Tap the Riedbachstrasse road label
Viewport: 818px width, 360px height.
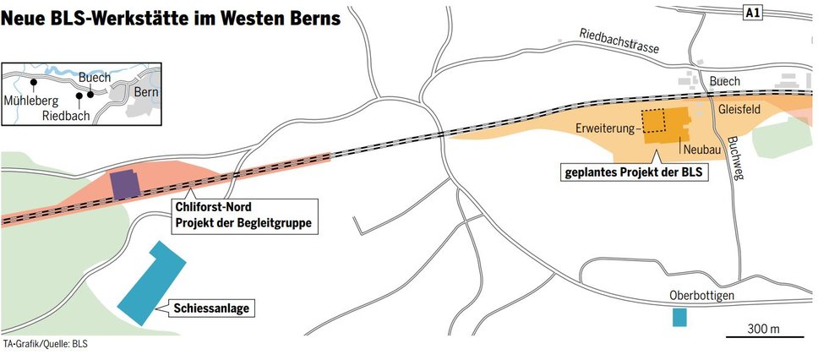coord(619,41)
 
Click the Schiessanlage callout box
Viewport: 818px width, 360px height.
coord(213,308)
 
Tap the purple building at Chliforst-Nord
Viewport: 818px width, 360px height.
coord(124,183)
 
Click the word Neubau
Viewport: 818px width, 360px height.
coord(700,148)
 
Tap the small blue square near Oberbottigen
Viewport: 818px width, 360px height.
coord(679,318)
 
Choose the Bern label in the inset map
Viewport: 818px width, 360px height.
coord(146,92)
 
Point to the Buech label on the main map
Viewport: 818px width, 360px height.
coord(725,81)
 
